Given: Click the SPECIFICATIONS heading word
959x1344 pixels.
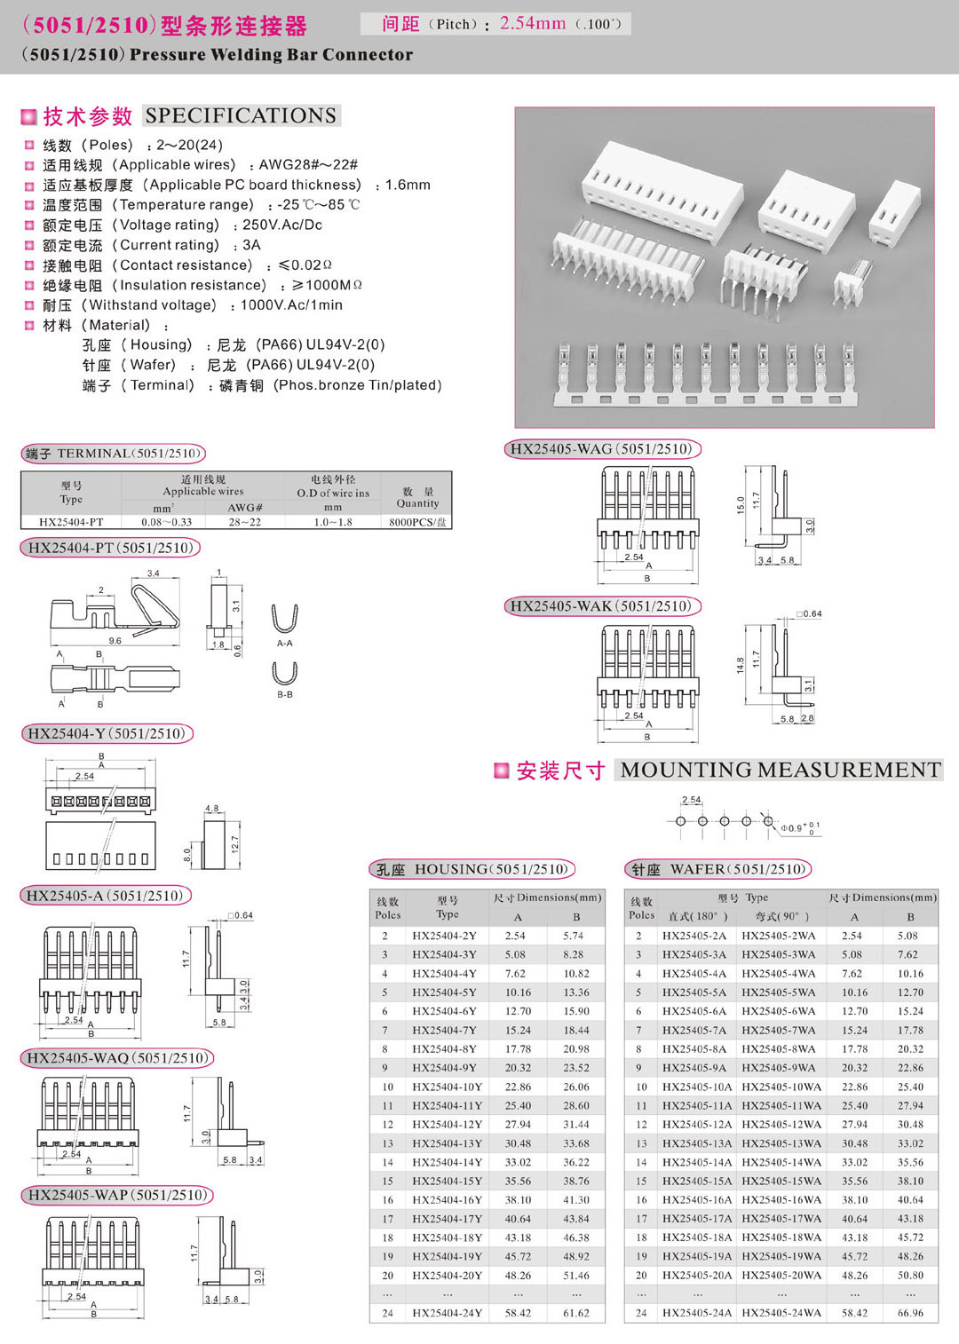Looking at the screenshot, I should click(241, 115).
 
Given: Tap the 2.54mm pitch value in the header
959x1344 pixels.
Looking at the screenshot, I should click(532, 23).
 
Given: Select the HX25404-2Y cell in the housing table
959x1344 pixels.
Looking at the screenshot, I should click(444, 936).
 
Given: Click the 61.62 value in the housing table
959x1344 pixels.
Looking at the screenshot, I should click(575, 1313).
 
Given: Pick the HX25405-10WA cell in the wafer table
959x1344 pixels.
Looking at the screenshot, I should click(781, 1087).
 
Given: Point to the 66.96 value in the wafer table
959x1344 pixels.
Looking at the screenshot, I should click(910, 1313).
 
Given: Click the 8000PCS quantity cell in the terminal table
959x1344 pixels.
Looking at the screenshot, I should click(417, 522).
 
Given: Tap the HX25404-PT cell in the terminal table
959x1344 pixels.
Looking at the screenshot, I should click(71, 522).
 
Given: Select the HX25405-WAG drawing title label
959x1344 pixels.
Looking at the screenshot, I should click(601, 449).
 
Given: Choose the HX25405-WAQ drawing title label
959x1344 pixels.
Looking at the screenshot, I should click(117, 1058).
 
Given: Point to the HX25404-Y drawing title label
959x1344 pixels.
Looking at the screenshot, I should click(107, 734).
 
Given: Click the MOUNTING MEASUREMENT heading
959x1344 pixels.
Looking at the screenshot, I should click(781, 770).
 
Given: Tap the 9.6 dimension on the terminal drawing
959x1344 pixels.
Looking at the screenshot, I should click(115, 640).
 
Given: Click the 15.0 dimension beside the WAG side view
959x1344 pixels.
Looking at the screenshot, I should click(741, 505).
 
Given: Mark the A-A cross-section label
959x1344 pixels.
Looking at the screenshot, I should click(284, 643).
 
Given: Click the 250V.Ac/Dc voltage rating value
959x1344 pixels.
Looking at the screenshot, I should click(282, 225).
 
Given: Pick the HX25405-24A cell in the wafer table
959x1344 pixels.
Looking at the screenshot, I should click(697, 1313).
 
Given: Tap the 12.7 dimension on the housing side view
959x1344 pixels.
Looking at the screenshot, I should click(235, 843).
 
